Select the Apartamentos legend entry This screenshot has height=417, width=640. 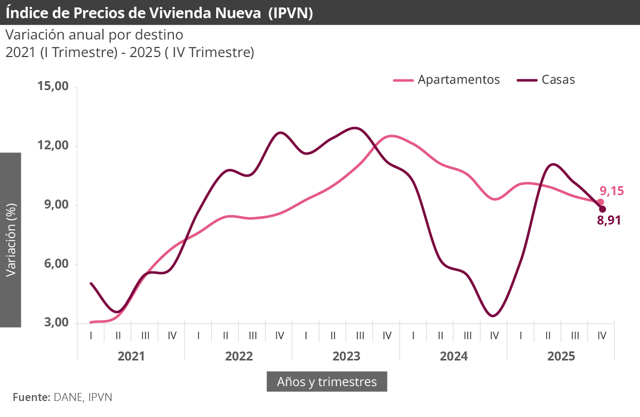[447, 80]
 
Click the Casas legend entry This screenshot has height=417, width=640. [547, 80]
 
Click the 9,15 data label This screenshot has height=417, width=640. [611, 191]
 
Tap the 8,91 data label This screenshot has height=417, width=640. [609, 220]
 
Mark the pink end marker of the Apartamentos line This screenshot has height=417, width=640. [601, 202]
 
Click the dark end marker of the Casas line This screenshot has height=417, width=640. [603, 209]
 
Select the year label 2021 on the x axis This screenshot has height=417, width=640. [131, 356]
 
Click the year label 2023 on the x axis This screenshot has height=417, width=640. [346, 356]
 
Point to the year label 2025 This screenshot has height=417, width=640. [561, 356]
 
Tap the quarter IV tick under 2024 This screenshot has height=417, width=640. [494, 336]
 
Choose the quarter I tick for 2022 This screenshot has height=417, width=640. [198, 336]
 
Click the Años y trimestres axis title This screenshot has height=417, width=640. [326, 382]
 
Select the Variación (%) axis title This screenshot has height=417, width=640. [10, 239]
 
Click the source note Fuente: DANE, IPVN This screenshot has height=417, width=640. [62, 397]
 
